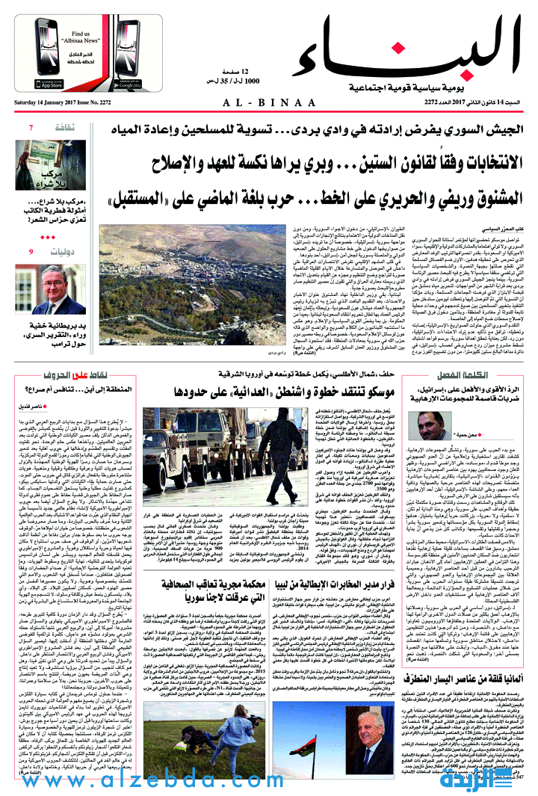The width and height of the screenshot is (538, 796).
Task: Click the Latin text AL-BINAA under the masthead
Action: coord(268,102)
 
